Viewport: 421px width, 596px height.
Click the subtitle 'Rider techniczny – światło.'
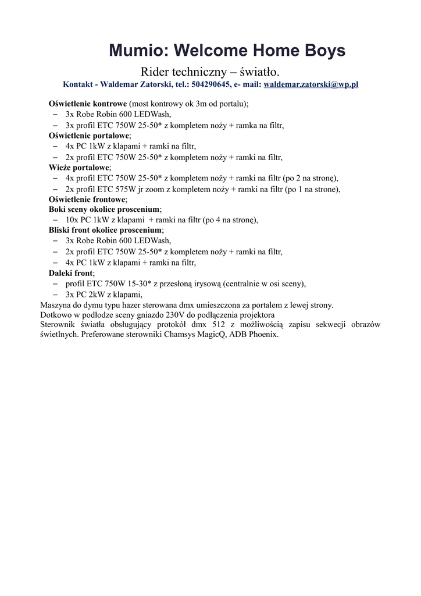tap(210, 72)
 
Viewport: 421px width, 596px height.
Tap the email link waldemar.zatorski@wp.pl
tap(311, 84)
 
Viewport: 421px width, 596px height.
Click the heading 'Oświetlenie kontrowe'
tap(88, 104)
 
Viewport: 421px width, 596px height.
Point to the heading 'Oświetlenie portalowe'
tap(89, 135)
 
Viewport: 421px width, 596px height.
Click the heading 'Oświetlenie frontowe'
tap(87, 199)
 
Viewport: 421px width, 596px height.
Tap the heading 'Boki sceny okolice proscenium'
tap(104, 209)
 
